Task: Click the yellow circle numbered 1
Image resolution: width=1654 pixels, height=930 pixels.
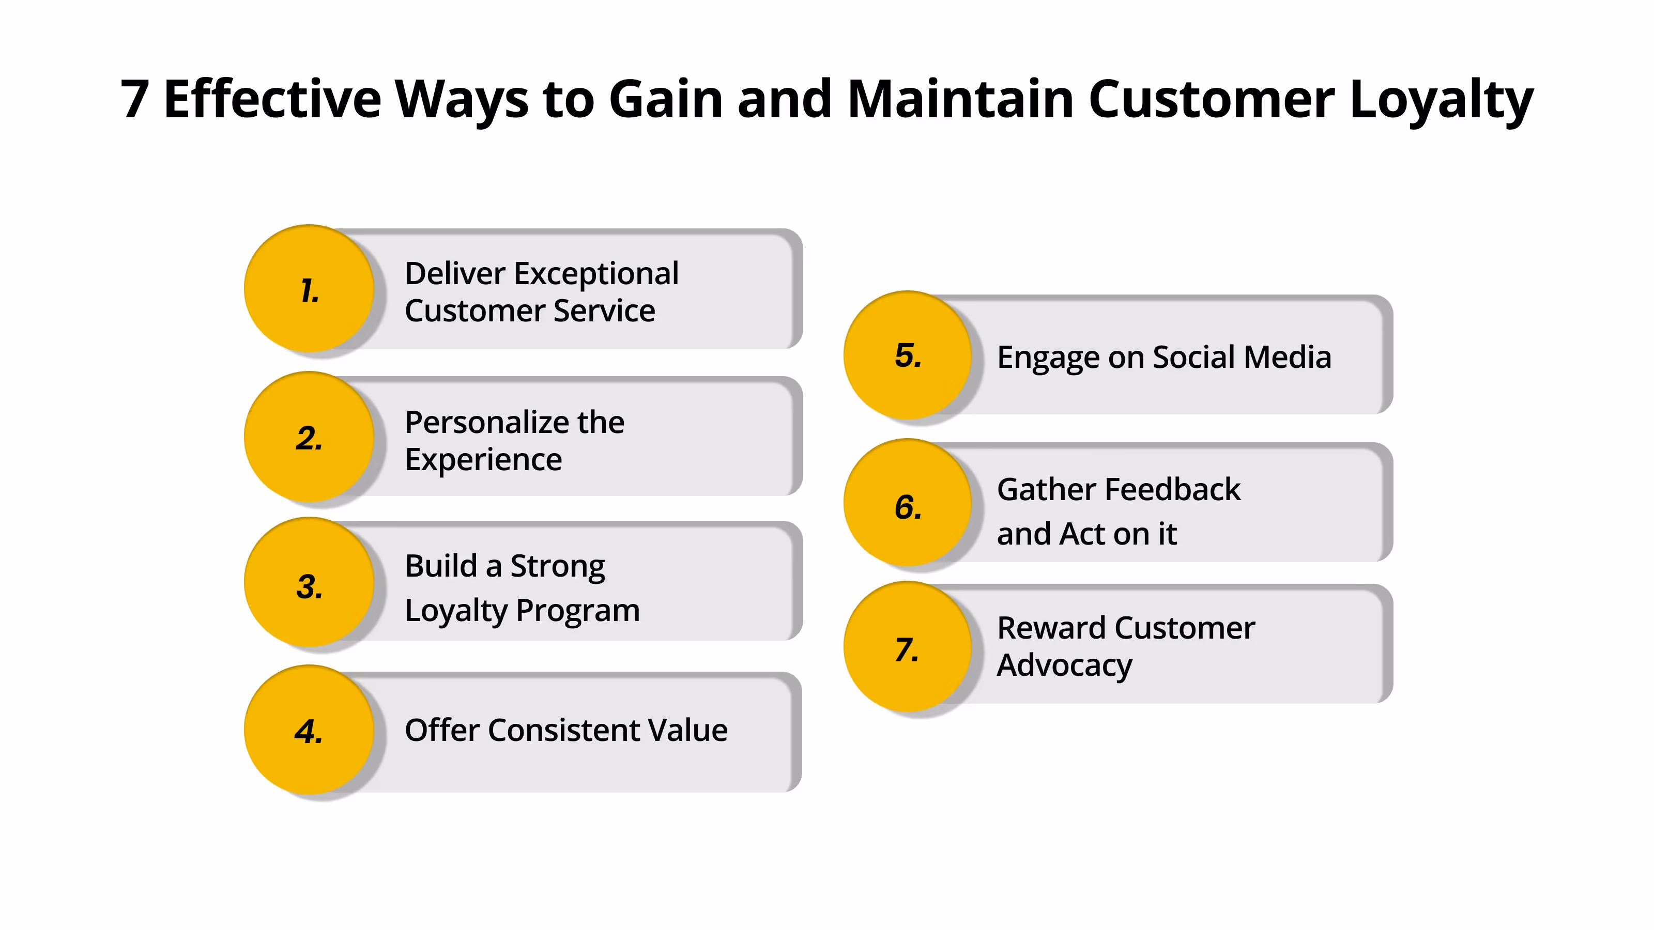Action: coord(309,289)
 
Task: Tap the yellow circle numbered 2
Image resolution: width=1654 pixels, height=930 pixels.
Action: coord(309,437)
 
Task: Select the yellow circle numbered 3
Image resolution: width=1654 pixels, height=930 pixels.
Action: coord(309,583)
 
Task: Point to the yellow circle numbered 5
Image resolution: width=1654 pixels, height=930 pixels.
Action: coord(908,355)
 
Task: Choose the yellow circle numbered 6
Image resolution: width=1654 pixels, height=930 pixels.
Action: coord(908,503)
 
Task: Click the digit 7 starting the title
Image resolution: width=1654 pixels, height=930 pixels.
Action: coord(135,100)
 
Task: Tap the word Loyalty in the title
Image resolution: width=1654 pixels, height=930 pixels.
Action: coord(1441,100)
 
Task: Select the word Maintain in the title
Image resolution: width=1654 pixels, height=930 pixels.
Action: coord(960,100)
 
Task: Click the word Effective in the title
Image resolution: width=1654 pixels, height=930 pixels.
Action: coord(272,100)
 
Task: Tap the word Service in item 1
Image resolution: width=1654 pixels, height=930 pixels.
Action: coord(604,311)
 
